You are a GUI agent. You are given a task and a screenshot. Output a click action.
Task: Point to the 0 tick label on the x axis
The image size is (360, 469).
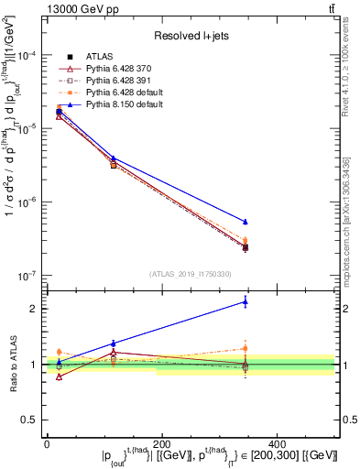[x=47, y=442]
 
